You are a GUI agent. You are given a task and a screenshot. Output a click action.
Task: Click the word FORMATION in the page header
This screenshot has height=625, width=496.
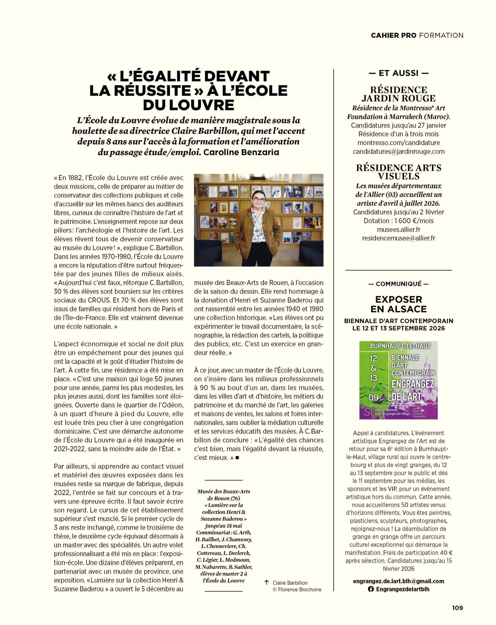pos(441,35)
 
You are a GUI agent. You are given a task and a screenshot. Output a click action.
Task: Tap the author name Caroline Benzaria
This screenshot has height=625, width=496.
pos(241,152)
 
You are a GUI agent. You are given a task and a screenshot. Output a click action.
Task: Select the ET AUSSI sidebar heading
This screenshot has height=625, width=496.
pos(398,73)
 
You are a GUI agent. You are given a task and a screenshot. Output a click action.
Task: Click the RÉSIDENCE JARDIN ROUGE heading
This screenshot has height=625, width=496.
pos(398,94)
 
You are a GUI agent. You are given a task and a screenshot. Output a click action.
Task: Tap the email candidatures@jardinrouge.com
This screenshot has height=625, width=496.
pos(398,151)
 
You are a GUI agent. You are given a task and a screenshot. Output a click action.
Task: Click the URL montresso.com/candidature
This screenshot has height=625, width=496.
pos(398,143)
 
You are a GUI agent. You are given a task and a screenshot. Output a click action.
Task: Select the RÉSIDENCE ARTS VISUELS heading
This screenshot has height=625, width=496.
pos(398,172)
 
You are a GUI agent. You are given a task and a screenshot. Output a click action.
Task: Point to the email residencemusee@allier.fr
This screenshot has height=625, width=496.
pos(398,238)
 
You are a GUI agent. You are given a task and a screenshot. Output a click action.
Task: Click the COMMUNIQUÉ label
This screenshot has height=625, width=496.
pos(398,284)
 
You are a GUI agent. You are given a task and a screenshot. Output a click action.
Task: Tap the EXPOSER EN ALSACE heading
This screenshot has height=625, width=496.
pos(398,304)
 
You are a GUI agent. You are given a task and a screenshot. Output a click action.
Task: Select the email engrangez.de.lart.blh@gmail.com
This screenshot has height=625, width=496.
pos(398,581)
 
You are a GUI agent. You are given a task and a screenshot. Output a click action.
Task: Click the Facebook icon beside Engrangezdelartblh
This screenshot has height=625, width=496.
pos(371,589)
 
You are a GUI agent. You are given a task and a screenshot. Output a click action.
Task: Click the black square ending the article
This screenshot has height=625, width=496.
pos(237,458)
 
